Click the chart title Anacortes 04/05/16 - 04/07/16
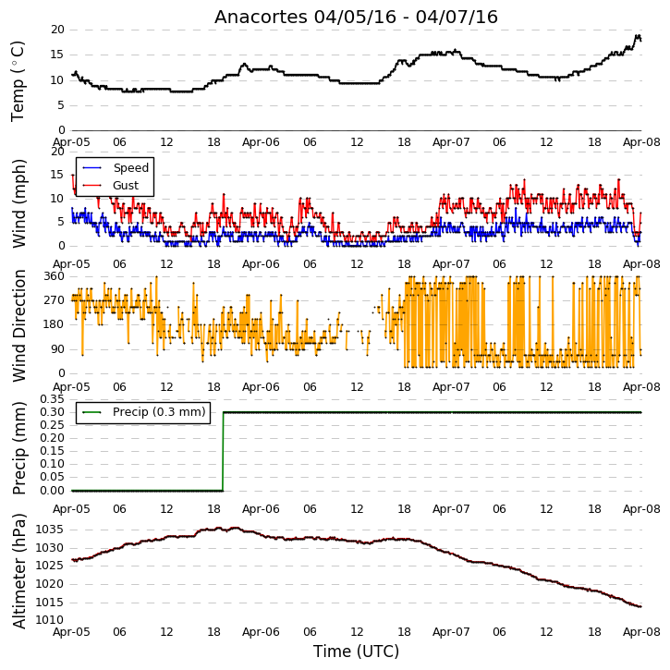[x=356, y=17]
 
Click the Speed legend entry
[x=116, y=168]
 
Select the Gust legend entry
[x=110, y=186]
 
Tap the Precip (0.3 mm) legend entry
[x=144, y=412]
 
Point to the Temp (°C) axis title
[x=18, y=81]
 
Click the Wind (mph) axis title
[x=18, y=203]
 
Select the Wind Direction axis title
[x=18, y=325]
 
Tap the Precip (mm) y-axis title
[x=18, y=448]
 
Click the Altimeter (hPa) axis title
[x=18, y=571]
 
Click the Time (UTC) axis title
[x=356, y=652]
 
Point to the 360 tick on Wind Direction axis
[x=55, y=276]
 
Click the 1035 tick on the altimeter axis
[x=50, y=530]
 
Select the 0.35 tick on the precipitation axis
[x=52, y=399]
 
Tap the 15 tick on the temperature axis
[x=57, y=55]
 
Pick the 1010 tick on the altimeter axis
[x=50, y=620]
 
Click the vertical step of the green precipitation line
[x=223, y=451]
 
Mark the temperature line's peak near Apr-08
[x=637, y=36]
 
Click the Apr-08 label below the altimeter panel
[x=641, y=631]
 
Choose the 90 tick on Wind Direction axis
[x=57, y=349]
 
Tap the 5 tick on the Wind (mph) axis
[x=62, y=222]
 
